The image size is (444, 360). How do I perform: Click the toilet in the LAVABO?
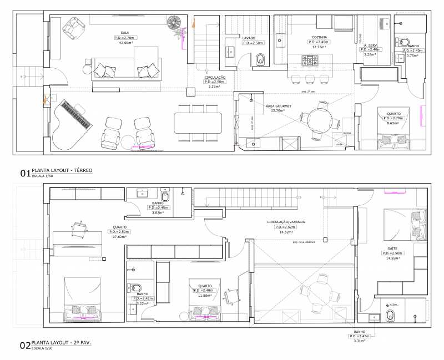point(261,59)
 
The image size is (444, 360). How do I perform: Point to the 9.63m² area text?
point(392,124)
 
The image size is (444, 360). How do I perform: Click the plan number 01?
point(24,173)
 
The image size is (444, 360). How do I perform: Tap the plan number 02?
point(24,346)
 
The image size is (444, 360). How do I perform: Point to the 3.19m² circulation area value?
point(213,87)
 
